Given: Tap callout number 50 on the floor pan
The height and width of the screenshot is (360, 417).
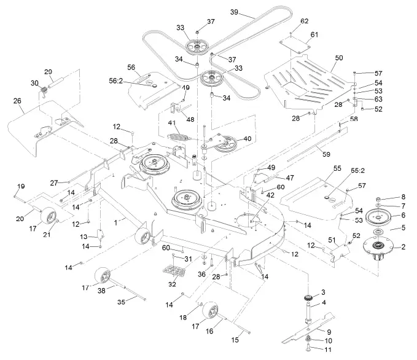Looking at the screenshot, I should [x=338, y=57].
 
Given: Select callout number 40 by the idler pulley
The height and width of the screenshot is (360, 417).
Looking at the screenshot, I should [x=247, y=139].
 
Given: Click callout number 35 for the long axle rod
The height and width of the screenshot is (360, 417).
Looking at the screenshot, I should [x=120, y=302].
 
